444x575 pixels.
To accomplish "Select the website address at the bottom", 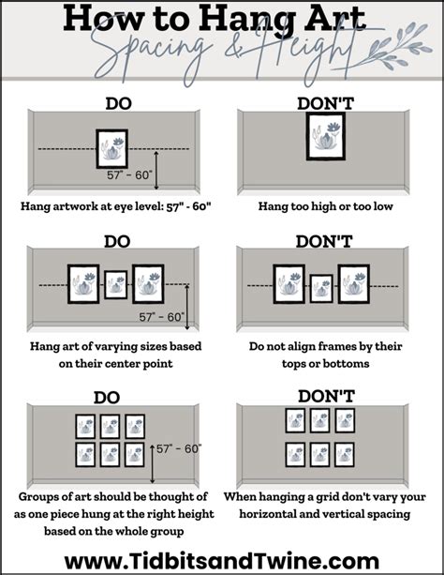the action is coord(222,562).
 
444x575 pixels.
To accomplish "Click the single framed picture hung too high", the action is coord(326,136).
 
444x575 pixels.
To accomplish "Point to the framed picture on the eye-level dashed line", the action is coord(112,148).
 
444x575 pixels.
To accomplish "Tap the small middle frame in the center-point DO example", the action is coord(116,284).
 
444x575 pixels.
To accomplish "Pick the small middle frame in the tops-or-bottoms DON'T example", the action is coord(321,289).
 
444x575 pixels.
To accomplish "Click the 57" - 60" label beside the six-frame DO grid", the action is coord(179,449).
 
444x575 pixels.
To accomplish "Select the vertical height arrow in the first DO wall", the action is coord(156,170).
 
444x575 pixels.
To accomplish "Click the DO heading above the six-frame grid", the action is coord(107,398).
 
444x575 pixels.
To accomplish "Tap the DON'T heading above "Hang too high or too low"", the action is coord(325,103).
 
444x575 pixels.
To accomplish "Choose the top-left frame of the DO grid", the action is coord(85,426).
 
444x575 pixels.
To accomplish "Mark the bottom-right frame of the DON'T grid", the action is coord(345,455).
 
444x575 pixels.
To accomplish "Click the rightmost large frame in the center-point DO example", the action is coord(148,284).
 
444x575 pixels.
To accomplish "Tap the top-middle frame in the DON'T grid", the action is coord(319,420).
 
